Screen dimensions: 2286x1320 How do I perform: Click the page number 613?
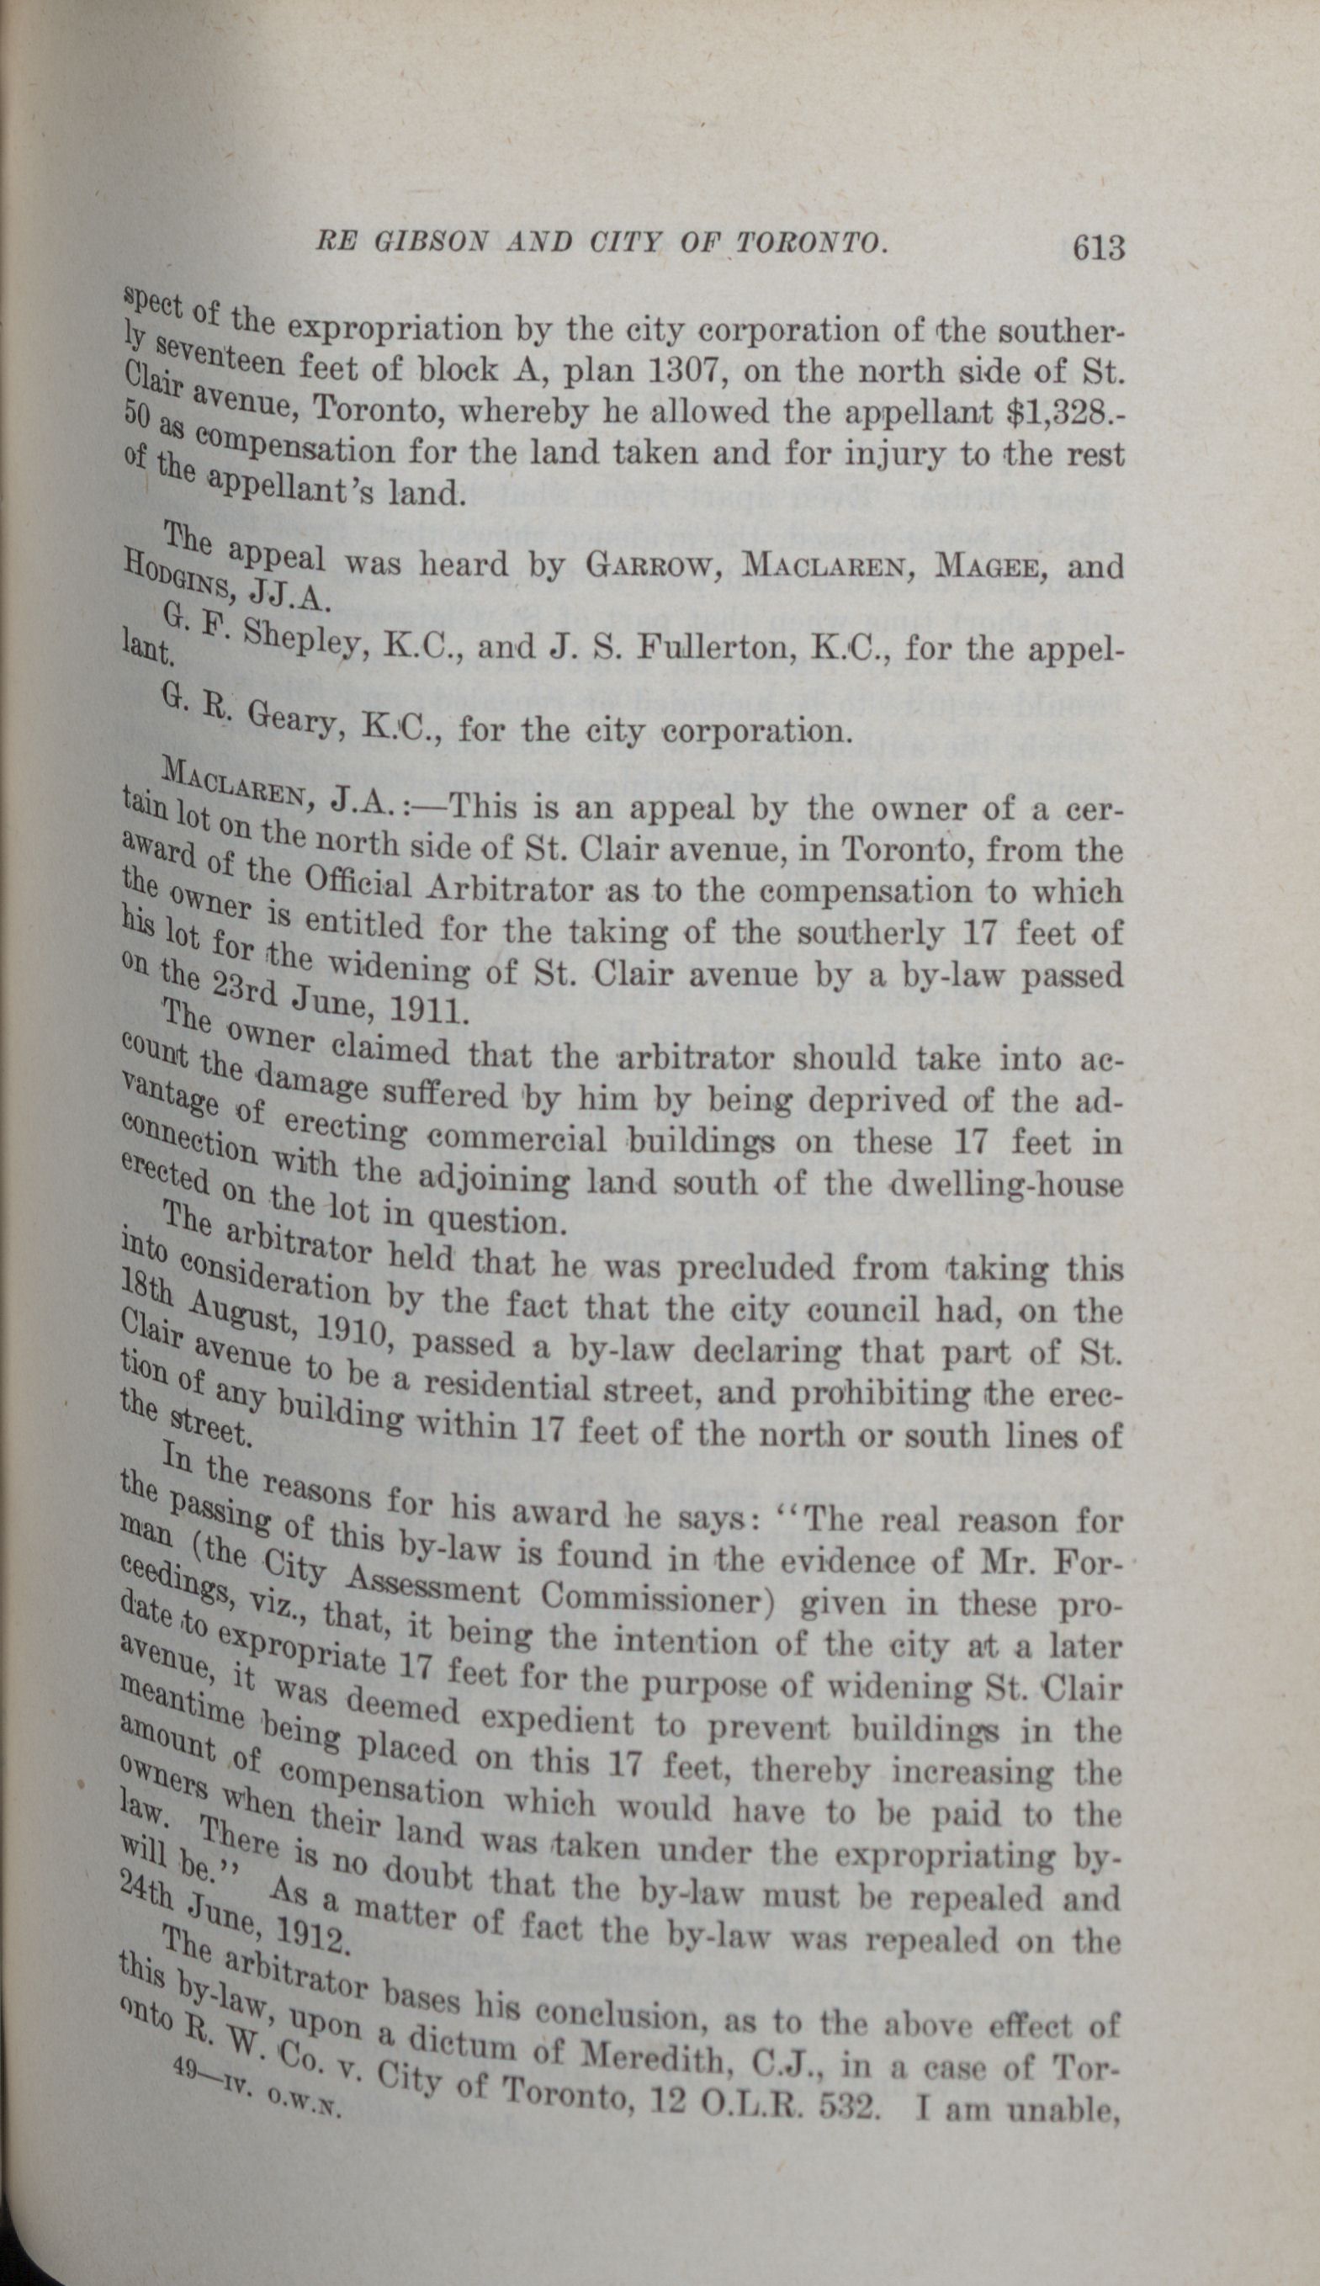tap(1097, 247)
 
